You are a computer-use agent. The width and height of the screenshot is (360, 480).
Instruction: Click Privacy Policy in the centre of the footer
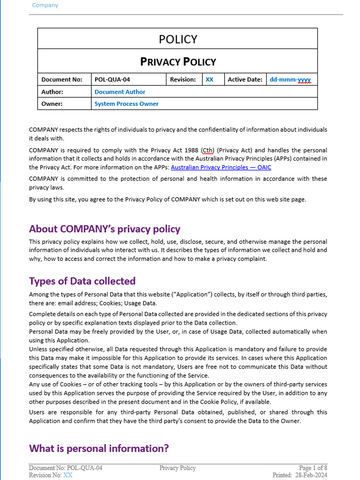click(178, 467)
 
